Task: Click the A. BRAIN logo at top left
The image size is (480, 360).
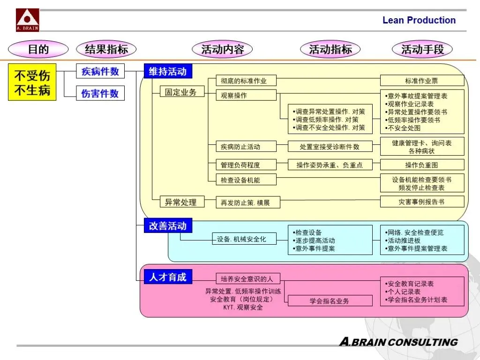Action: coord(28,20)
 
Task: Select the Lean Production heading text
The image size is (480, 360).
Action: coord(419,20)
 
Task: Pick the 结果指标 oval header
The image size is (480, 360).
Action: coord(106,49)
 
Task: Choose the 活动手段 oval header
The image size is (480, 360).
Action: coord(422,49)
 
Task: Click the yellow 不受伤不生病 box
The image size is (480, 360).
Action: coord(32,82)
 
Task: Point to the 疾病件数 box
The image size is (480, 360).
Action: coord(100,72)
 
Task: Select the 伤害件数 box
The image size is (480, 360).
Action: coord(100,93)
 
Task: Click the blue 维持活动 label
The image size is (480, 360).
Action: coord(168,71)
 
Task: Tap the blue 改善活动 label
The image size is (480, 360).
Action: coord(168,225)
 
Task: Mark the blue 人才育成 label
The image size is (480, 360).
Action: coord(168,277)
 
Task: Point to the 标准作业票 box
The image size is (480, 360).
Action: coord(421,81)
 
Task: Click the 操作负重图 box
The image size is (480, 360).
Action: coord(421,165)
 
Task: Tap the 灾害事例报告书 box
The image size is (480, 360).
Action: coord(421,202)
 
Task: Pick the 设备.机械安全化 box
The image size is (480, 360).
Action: coord(241,239)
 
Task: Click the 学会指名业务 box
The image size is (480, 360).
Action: coord(330,300)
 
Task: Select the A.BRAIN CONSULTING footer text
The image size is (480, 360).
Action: coord(398,342)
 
